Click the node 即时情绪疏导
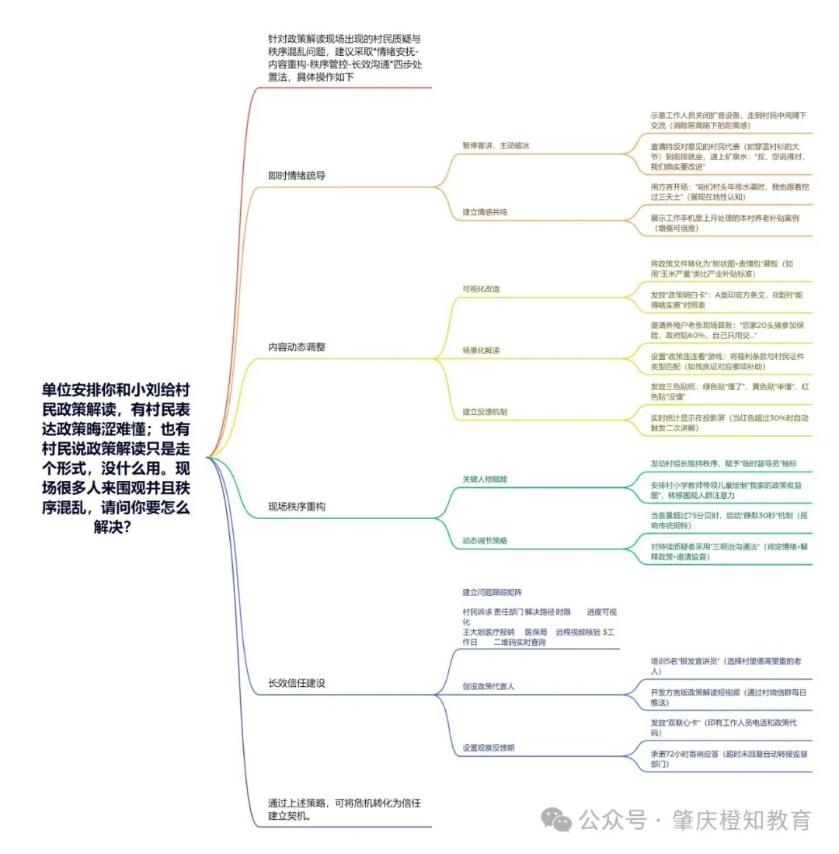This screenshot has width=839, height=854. click(x=297, y=176)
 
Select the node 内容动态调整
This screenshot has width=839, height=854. click(x=297, y=347)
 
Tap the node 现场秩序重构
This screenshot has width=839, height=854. click(x=297, y=507)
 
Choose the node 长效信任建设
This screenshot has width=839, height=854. click(x=297, y=683)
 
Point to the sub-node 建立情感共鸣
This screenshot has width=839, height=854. click(x=485, y=211)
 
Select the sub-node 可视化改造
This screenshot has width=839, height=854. click(x=482, y=289)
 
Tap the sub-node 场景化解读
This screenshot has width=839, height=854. click(x=482, y=350)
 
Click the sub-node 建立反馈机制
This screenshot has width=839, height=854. click(x=485, y=411)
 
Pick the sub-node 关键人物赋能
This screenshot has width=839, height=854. click(x=485, y=479)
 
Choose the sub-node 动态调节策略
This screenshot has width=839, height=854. click(x=485, y=540)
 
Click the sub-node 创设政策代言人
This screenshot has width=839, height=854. click(x=488, y=686)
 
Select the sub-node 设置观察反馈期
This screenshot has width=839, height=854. click(x=488, y=748)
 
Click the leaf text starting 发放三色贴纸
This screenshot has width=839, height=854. click(x=730, y=391)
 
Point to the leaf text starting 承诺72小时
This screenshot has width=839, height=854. click(x=730, y=758)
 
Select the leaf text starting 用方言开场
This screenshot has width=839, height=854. click(x=730, y=191)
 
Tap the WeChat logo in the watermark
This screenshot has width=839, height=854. click(x=556, y=819)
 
